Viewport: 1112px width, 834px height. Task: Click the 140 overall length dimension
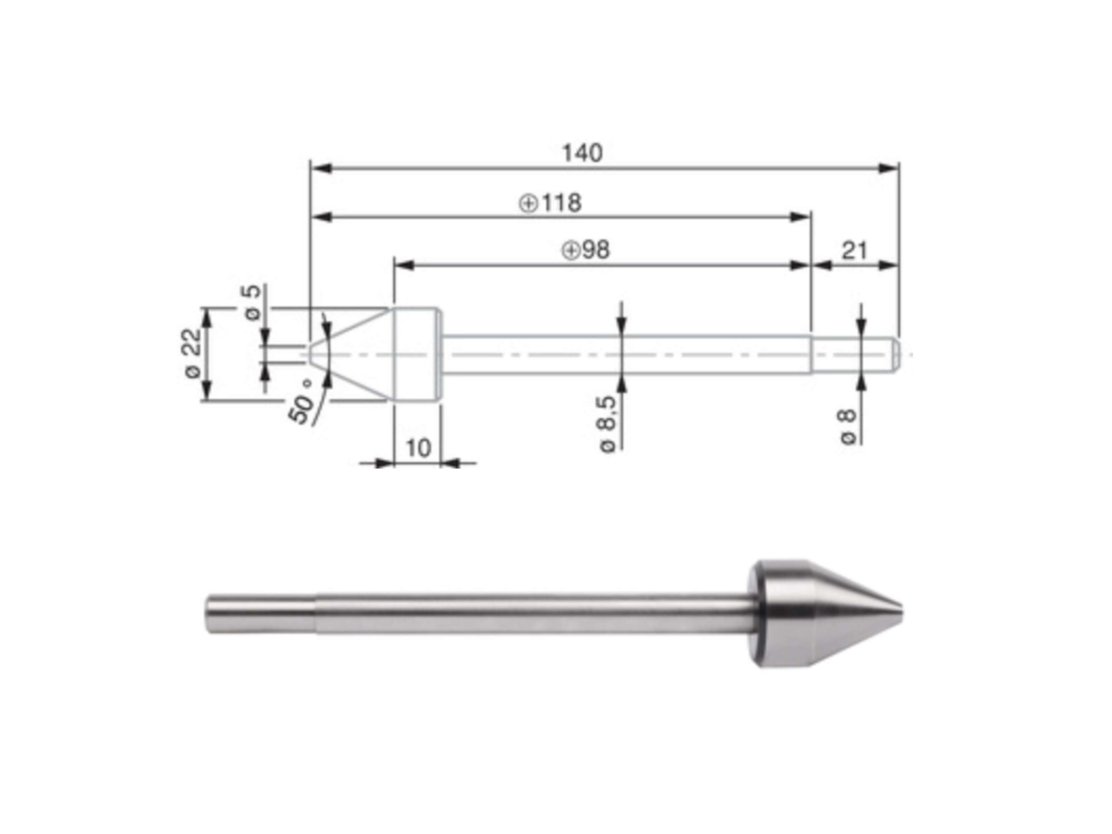582,153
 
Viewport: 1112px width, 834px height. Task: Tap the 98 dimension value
596,250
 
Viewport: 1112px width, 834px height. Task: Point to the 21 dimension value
855,250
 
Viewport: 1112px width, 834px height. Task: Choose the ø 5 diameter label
253,302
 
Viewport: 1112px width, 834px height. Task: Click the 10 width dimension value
418,448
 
